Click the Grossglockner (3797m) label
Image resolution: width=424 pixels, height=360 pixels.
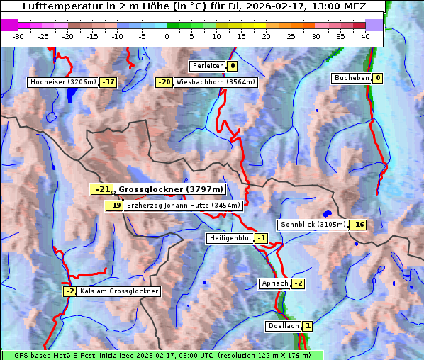(x=170, y=189)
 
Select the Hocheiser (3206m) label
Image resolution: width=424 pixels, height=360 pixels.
(x=62, y=82)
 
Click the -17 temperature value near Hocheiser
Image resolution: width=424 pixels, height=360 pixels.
(x=108, y=82)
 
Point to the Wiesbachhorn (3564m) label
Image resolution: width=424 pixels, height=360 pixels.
(x=216, y=82)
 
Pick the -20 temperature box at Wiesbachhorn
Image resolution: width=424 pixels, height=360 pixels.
(x=164, y=82)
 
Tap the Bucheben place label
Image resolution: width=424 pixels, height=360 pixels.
(x=351, y=77)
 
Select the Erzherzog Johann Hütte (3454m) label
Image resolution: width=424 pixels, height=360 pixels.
(x=183, y=206)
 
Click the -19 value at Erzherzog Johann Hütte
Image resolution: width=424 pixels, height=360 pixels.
(x=114, y=206)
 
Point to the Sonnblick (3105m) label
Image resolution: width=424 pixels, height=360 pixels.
(x=313, y=225)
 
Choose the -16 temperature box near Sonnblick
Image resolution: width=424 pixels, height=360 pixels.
(x=358, y=225)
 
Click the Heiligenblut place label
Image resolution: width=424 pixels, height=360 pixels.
(x=229, y=238)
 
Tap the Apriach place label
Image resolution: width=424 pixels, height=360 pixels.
(x=274, y=283)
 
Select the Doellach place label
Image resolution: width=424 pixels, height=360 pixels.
(x=283, y=326)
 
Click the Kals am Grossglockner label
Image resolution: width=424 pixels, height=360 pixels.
(x=118, y=291)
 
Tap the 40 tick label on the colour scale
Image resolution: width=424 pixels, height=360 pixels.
(x=365, y=36)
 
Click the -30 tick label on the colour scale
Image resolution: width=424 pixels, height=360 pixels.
(x=18, y=36)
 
